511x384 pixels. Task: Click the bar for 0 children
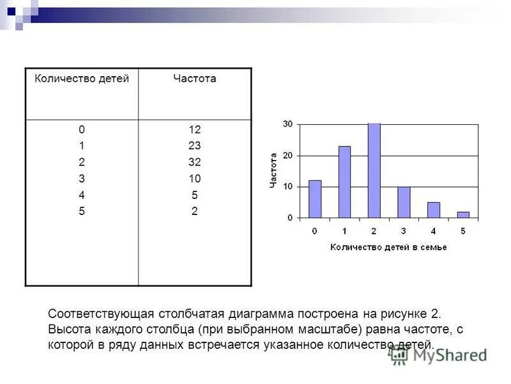click(315, 199)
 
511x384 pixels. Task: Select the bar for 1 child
click(344, 182)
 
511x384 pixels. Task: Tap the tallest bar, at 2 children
click(374, 171)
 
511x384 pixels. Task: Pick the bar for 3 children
click(404, 202)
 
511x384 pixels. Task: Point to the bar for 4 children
click(434, 210)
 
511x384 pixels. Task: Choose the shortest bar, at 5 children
click(463, 215)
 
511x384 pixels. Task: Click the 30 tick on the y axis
click(287, 124)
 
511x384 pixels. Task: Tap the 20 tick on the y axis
click(287, 156)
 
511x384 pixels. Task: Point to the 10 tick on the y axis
click(287, 186)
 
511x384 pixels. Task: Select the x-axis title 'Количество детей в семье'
click(388, 247)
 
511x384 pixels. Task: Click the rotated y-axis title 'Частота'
click(273, 170)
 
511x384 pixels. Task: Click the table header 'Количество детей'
click(82, 79)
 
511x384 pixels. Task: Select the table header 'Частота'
click(195, 79)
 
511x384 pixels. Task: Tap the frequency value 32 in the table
click(195, 162)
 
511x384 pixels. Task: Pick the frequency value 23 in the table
click(195, 145)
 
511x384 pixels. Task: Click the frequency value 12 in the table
click(195, 129)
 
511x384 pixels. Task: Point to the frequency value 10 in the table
click(195, 179)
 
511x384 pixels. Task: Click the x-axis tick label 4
click(434, 230)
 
